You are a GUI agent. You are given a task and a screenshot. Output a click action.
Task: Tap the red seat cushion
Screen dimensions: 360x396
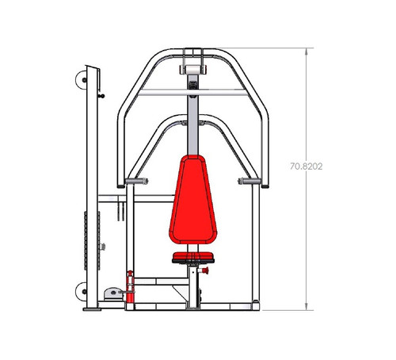point(192,255)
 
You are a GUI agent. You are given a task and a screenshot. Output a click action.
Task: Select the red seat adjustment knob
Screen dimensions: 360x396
point(205,272)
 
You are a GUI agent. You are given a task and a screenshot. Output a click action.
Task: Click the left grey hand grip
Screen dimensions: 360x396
point(135,182)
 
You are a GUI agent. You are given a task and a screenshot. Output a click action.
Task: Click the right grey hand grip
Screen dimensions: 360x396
point(249,181)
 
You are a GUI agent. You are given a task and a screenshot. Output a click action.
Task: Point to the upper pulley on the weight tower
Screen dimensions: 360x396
point(79,80)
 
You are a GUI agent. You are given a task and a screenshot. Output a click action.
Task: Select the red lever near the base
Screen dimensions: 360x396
point(130,284)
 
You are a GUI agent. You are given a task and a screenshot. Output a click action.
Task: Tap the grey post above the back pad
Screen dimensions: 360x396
point(192,123)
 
